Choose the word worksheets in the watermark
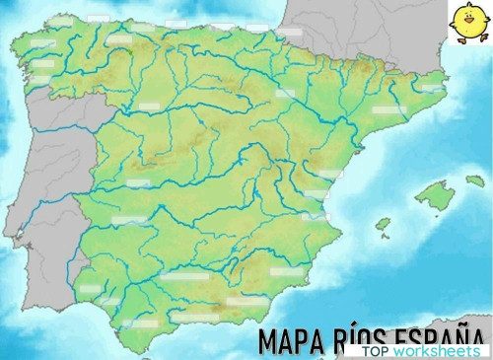436,351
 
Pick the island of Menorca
476,181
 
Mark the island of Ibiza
383,224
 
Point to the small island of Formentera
387,237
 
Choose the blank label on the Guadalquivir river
180,277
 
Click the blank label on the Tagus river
138,183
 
